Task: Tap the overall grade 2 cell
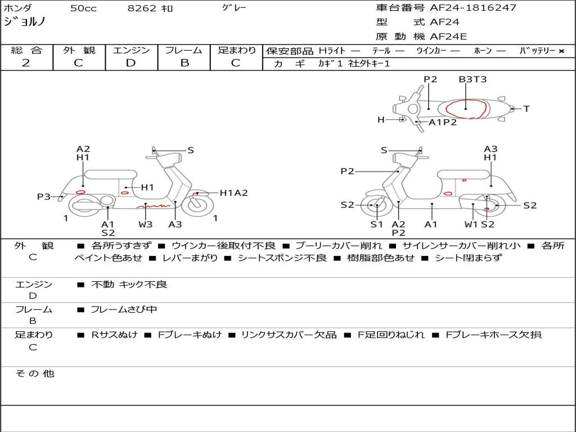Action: pyautogui.click(x=26, y=63)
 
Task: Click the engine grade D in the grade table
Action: pyautogui.click(x=130, y=63)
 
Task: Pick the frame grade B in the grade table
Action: pyautogui.click(x=184, y=63)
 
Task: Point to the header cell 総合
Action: pyautogui.click(x=26, y=51)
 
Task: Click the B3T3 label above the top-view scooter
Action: pyautogui.click(x=472, y=79)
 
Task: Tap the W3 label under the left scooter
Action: pyautogui.click(x=146, y=224)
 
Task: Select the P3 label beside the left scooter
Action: pyautogui.click(x=44, y=196)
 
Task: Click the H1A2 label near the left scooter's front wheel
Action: pyautogui.click(x=233, y=193)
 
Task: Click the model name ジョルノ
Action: pyautogui.click(x=25, y=22)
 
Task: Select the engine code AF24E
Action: pyautogui.click(x=448, y=37)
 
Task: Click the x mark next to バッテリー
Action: pyautogui.click(x=561, y=51)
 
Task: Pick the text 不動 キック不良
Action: pyautogui.click(x=129, y=285)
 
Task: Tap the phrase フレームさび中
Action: pyautogui.click(x=124, y=309)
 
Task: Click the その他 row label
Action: pyautogui.click(x=34, y=373)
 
